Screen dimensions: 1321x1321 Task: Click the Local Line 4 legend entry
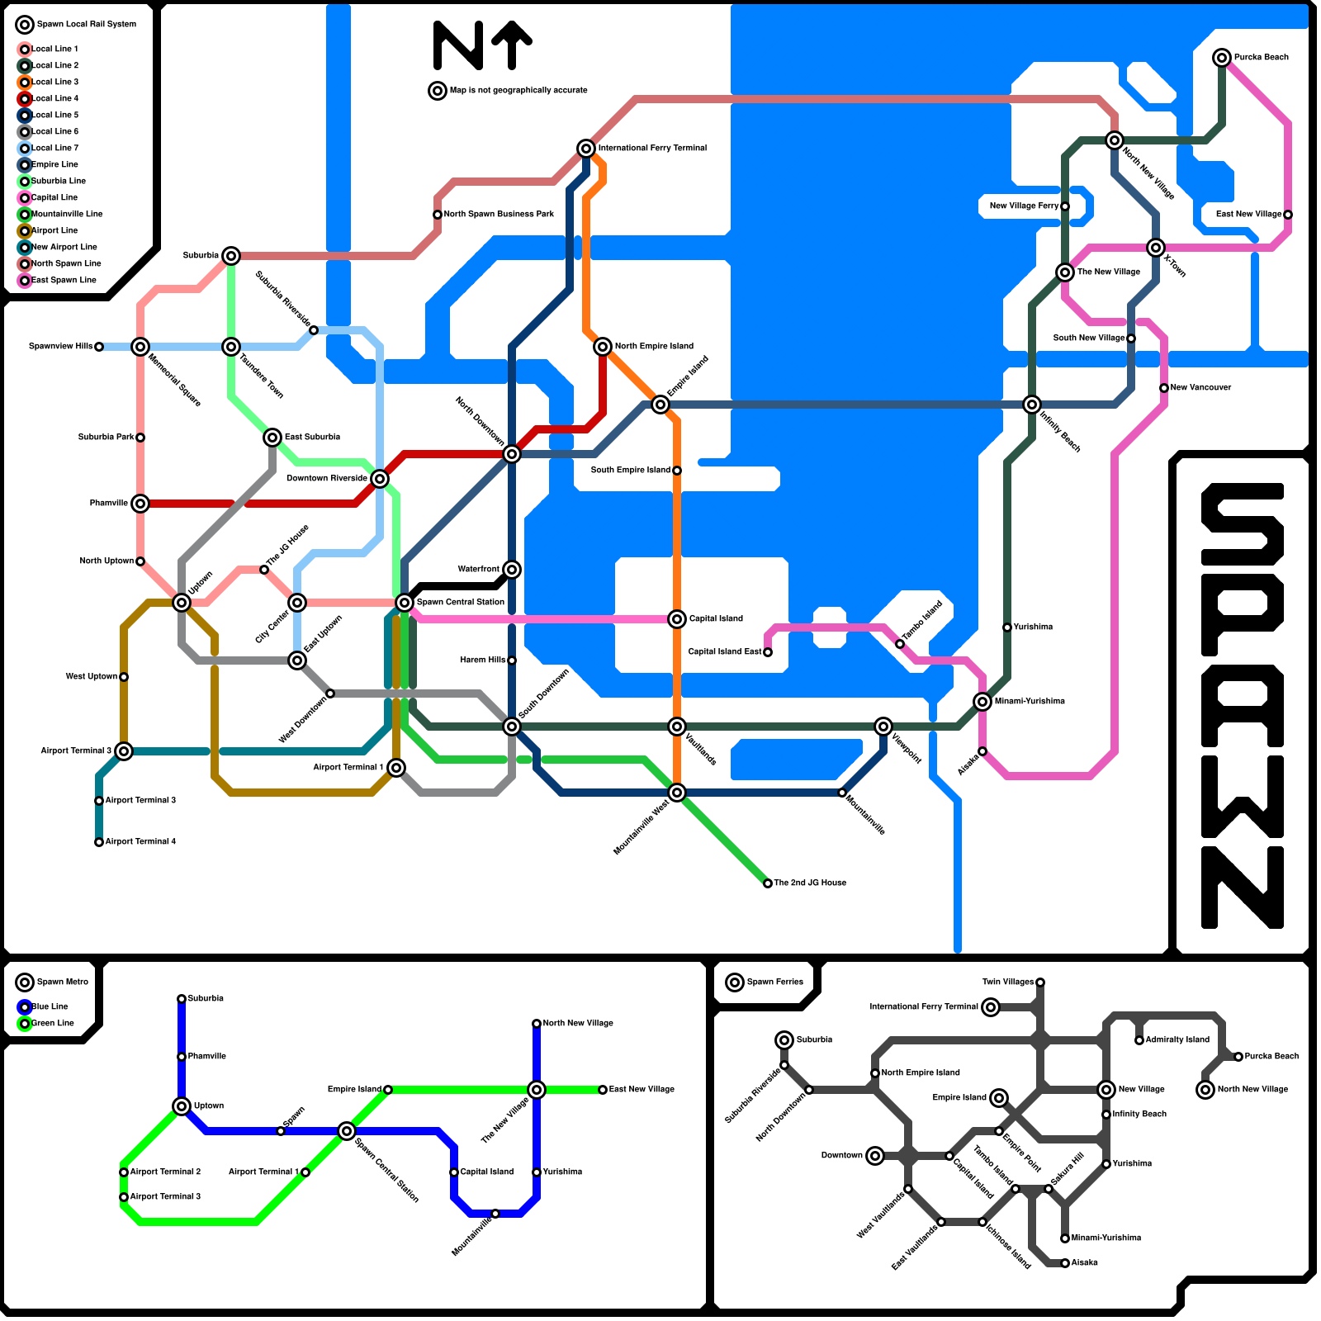(54, 98)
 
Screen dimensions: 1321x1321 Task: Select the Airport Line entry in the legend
(54, 230)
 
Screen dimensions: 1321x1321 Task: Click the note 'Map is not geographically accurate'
(518, 90)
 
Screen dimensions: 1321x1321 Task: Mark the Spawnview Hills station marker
(99, 347)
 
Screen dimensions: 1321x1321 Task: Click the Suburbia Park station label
(106, 437)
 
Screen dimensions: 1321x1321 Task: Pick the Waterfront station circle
(512, 570)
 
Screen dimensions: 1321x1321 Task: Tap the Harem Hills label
(483, 660)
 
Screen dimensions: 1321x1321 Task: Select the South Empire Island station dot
(677, 471)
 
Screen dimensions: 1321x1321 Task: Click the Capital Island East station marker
(768, 652)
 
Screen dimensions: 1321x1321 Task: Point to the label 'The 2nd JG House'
(810, 883)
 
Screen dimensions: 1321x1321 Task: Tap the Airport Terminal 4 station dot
(99, 842)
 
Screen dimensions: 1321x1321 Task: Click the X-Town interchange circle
(1156, 248)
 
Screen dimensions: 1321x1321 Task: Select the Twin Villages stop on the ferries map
(1040, 982)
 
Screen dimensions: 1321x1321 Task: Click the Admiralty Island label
(1177, 1039)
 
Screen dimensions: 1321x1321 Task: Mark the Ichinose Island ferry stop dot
(982, 1222)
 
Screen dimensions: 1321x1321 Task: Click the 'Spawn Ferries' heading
(774, 982)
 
